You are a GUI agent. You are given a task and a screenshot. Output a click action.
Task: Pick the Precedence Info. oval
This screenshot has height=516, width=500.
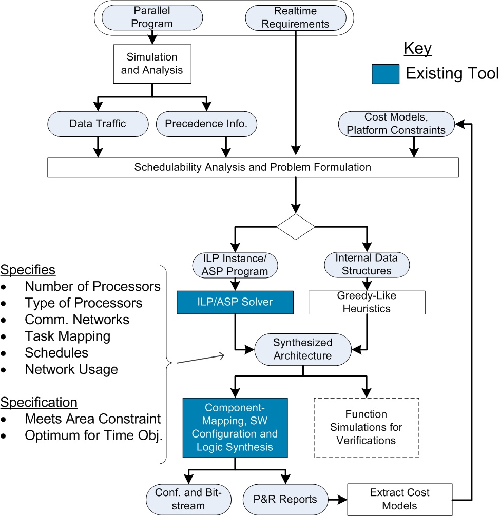point(207,123)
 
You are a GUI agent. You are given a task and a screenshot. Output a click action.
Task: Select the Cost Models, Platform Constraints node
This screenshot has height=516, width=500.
point(396,124)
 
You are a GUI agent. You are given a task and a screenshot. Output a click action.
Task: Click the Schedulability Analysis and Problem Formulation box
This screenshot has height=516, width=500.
point(252,167)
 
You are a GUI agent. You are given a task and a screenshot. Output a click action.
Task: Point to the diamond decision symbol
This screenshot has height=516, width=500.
point(295,227)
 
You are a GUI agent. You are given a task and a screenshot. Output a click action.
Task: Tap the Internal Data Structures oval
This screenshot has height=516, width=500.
point(367,264)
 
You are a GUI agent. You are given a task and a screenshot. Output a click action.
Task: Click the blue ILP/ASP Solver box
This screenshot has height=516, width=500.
point(235,303)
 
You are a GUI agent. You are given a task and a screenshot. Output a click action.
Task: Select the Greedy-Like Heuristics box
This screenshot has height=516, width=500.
point(367,302)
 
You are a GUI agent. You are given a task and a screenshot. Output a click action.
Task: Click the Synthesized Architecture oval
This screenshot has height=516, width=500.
point(302,349)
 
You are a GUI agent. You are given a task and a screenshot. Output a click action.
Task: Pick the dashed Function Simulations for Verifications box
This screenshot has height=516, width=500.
point(367,427)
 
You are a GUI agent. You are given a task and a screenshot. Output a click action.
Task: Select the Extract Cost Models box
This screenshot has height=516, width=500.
point(400,499)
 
